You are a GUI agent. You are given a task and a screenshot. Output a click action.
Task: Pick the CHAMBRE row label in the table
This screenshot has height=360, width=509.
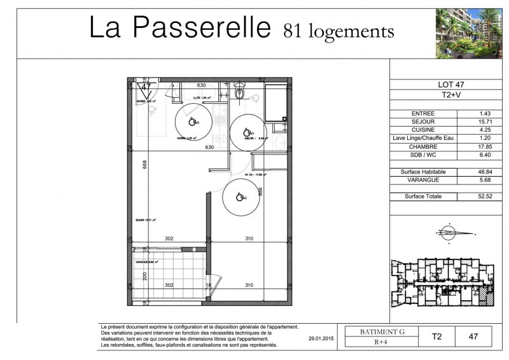tap(423, 145)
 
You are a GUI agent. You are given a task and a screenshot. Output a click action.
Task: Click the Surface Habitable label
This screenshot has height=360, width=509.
tap(423, 172)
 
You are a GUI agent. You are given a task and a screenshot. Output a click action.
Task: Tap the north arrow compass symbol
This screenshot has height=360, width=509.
tap(449, 233)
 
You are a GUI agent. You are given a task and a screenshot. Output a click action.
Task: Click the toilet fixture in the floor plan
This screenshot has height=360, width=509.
tap(239, 93)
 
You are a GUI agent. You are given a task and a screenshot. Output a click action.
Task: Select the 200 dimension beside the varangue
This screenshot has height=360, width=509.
tap(144, 275)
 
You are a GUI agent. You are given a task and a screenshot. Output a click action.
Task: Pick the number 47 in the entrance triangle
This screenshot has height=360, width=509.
tap(145, 86)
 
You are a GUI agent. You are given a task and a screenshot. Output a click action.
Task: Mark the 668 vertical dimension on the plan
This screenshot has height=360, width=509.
tap(145, 165)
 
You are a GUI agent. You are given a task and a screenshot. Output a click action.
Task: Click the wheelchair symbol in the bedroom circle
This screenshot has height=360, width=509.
tap(240, 197)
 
